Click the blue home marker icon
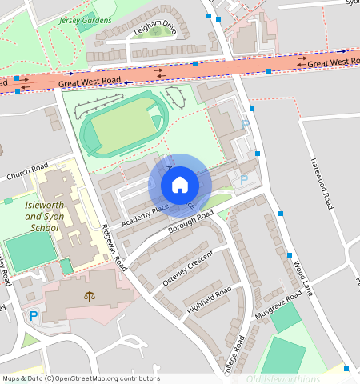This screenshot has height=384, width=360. (180, 185)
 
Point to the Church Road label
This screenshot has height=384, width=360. (27, 171)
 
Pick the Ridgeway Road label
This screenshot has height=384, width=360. (113, 245)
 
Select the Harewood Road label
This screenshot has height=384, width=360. (321, 183)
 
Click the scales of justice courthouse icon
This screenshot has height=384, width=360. (88, 296)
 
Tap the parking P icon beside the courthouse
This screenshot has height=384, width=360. (34, 316)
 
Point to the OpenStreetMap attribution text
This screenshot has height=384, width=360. (80, 378)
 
